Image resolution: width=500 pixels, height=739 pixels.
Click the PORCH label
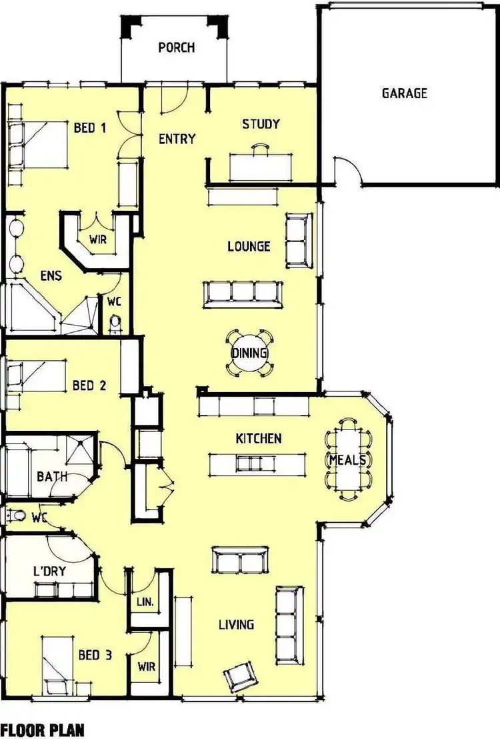tap(177, 47)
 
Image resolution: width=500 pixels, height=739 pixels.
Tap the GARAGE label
tap(404, 93)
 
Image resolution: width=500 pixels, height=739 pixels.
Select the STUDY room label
tap(261, 124)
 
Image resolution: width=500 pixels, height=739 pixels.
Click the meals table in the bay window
tap(348, 460)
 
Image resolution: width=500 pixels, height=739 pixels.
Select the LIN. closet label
tap(145, 601)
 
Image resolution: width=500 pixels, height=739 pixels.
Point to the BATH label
tap(52, 477)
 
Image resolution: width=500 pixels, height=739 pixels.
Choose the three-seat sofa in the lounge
tap(241, 293)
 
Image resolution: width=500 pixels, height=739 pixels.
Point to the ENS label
tap(51, 275)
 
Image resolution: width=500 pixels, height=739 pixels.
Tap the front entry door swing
tap(175, 100)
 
